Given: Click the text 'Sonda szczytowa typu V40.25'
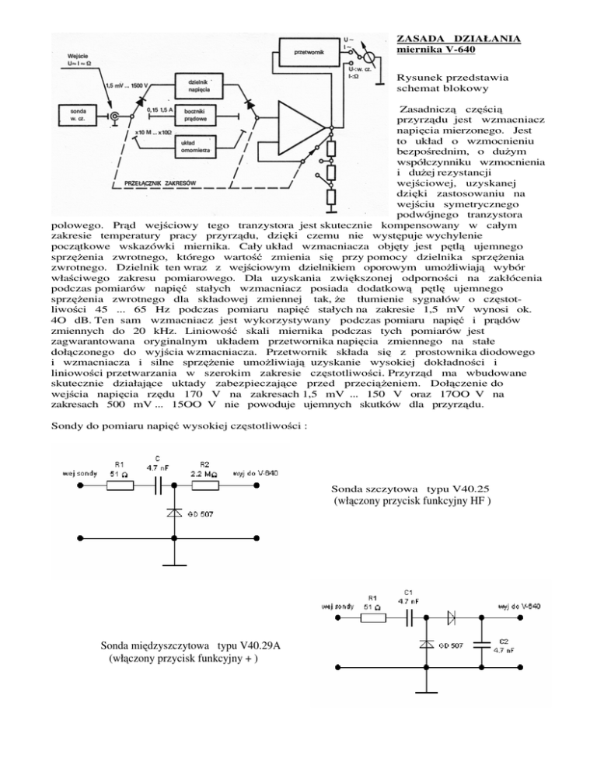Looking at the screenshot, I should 410,490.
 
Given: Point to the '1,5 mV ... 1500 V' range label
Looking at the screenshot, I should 130,83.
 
